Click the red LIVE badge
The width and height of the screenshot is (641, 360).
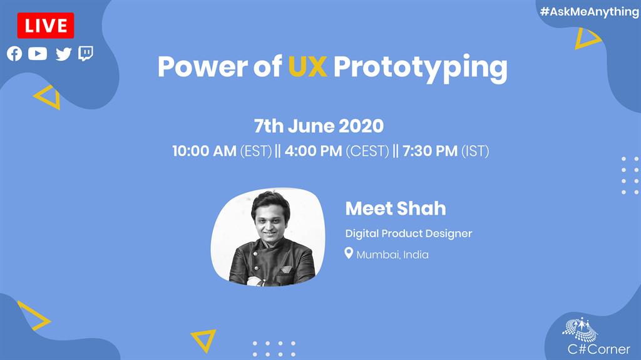(x=45, y=26)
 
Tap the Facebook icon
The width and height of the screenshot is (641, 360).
(x=14, y=54)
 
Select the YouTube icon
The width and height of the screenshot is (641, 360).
(x=38, y=54)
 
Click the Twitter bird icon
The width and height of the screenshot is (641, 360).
(x=63, y=54)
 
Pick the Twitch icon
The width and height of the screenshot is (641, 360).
(x=86, y=54)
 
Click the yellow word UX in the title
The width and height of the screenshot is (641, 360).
(x=307, y=66)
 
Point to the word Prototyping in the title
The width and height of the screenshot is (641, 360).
(x=421, y=68)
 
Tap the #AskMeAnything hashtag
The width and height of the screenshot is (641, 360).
(x=589, y=12)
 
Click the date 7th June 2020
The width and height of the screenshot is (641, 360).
(x=319, y=126)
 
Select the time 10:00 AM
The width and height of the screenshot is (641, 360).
(x=205, y=151)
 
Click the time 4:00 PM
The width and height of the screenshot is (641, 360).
(x=313, y=151)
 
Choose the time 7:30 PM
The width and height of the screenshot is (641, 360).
(x=430, y=151)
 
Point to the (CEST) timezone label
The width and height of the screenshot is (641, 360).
(x=367, y=152)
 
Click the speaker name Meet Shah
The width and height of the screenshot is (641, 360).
(x=396, y=208)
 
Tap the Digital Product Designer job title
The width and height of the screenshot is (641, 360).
(x=409, y=234)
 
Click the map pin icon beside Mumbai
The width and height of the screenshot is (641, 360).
(x=349, y=253)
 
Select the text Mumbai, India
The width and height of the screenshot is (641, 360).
(x=392, y=255)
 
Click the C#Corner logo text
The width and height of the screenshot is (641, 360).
(x=599, y=349)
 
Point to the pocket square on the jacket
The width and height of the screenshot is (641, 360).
(x=285, y=270)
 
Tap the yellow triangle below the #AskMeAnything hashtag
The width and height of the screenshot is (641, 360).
(x=585, y=39)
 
